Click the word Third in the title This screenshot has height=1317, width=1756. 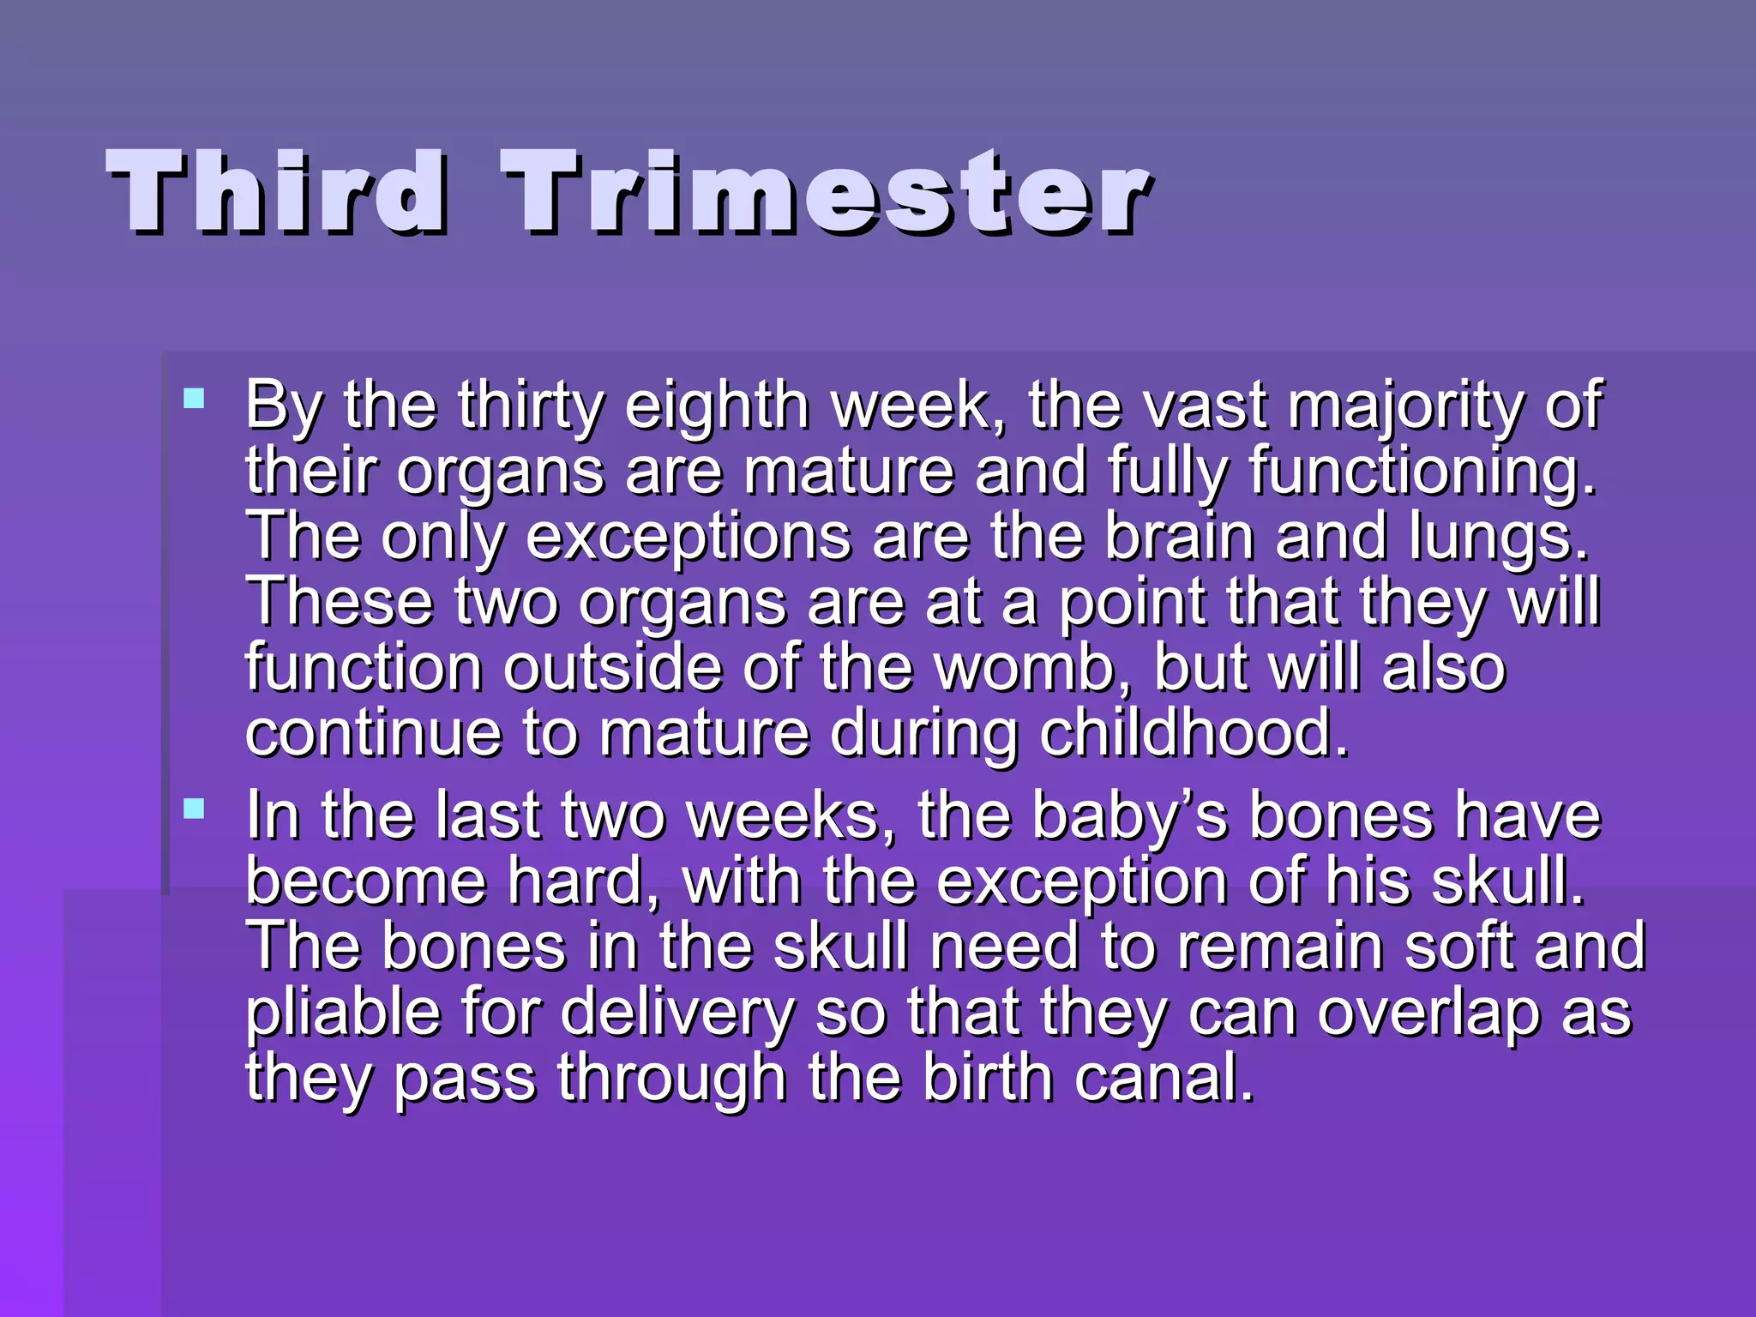tap(276, 191)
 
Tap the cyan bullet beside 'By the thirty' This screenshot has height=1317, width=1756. tap(195, 399)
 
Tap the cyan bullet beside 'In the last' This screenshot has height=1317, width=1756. tap(195, 809)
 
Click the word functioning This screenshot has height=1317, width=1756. tap(1422, 471)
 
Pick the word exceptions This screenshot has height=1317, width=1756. tap(688, 537)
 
